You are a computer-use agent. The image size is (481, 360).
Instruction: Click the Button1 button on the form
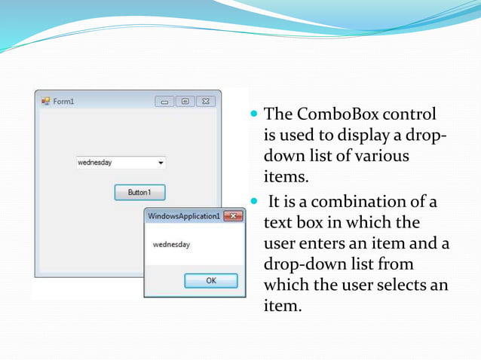pos(139,192)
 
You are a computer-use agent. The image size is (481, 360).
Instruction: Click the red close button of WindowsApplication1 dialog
pos(233,216)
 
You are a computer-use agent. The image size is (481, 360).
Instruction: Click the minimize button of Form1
pos(165,101)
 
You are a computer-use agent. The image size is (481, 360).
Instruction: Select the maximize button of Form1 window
pos(185,101)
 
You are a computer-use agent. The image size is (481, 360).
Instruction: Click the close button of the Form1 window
pos(205,101)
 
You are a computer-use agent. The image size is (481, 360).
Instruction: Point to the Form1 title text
pos(63,102)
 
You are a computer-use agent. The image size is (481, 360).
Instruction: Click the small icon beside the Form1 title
pos(45,101)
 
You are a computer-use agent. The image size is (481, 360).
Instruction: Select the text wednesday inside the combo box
pos(95,163)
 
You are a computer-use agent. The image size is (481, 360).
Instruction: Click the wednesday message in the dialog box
pos(171,245)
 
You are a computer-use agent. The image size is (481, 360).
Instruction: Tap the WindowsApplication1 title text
pos(184,216)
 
